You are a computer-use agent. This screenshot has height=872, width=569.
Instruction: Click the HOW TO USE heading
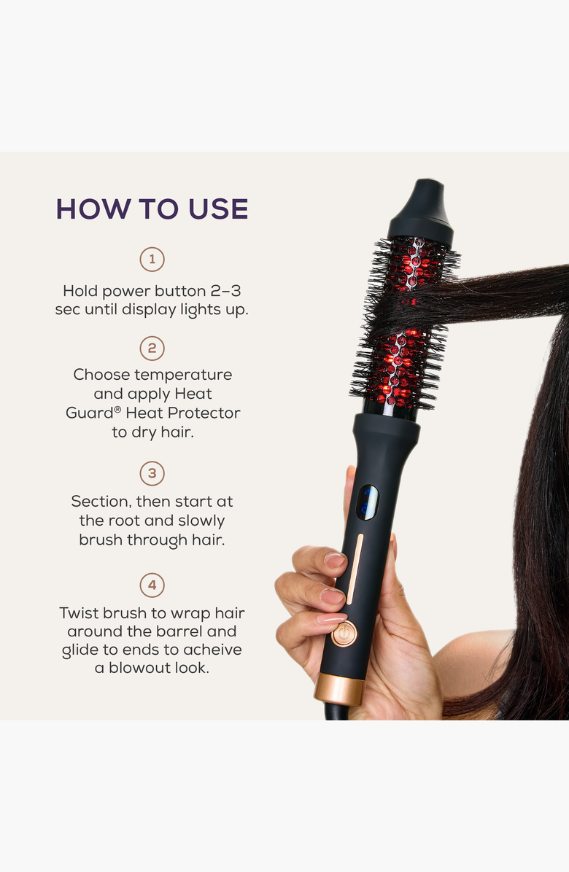(x=152, y=209)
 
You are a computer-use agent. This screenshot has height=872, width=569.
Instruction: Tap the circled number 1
(x=152, y=260)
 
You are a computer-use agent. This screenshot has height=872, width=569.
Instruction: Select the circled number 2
(x=152, y=348)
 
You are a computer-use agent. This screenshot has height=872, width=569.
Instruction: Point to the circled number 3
(x=152, y=474)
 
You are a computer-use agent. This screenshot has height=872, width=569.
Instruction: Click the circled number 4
(x=152, y=585)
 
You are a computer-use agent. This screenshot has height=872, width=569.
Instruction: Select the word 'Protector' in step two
(x=204, y=413)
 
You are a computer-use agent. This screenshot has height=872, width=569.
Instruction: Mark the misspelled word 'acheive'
(x=212, y=650)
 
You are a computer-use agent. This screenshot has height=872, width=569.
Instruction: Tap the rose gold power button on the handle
(x=344, y=634)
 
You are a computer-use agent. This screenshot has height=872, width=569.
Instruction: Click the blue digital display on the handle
(x=367, y=502)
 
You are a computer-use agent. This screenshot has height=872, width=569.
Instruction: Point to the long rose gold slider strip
(x=354, y=569)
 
